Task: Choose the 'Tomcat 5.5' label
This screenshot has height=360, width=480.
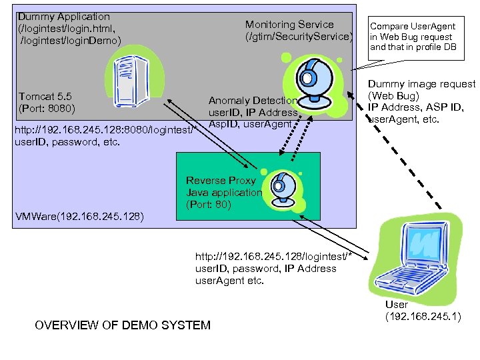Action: [43, 97]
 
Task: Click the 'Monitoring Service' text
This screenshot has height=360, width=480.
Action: [289, 25]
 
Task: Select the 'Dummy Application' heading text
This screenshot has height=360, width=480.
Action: [64, 16]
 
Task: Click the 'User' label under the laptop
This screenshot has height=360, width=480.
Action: [397, 305]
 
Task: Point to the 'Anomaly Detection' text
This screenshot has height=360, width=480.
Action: [253, 101]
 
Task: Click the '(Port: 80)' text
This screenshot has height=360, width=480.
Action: [209, 205]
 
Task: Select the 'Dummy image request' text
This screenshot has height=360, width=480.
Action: [421, 84]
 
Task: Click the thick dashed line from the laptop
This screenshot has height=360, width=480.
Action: [407, 166]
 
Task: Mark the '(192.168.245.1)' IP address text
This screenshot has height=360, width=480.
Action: [423, 316]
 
